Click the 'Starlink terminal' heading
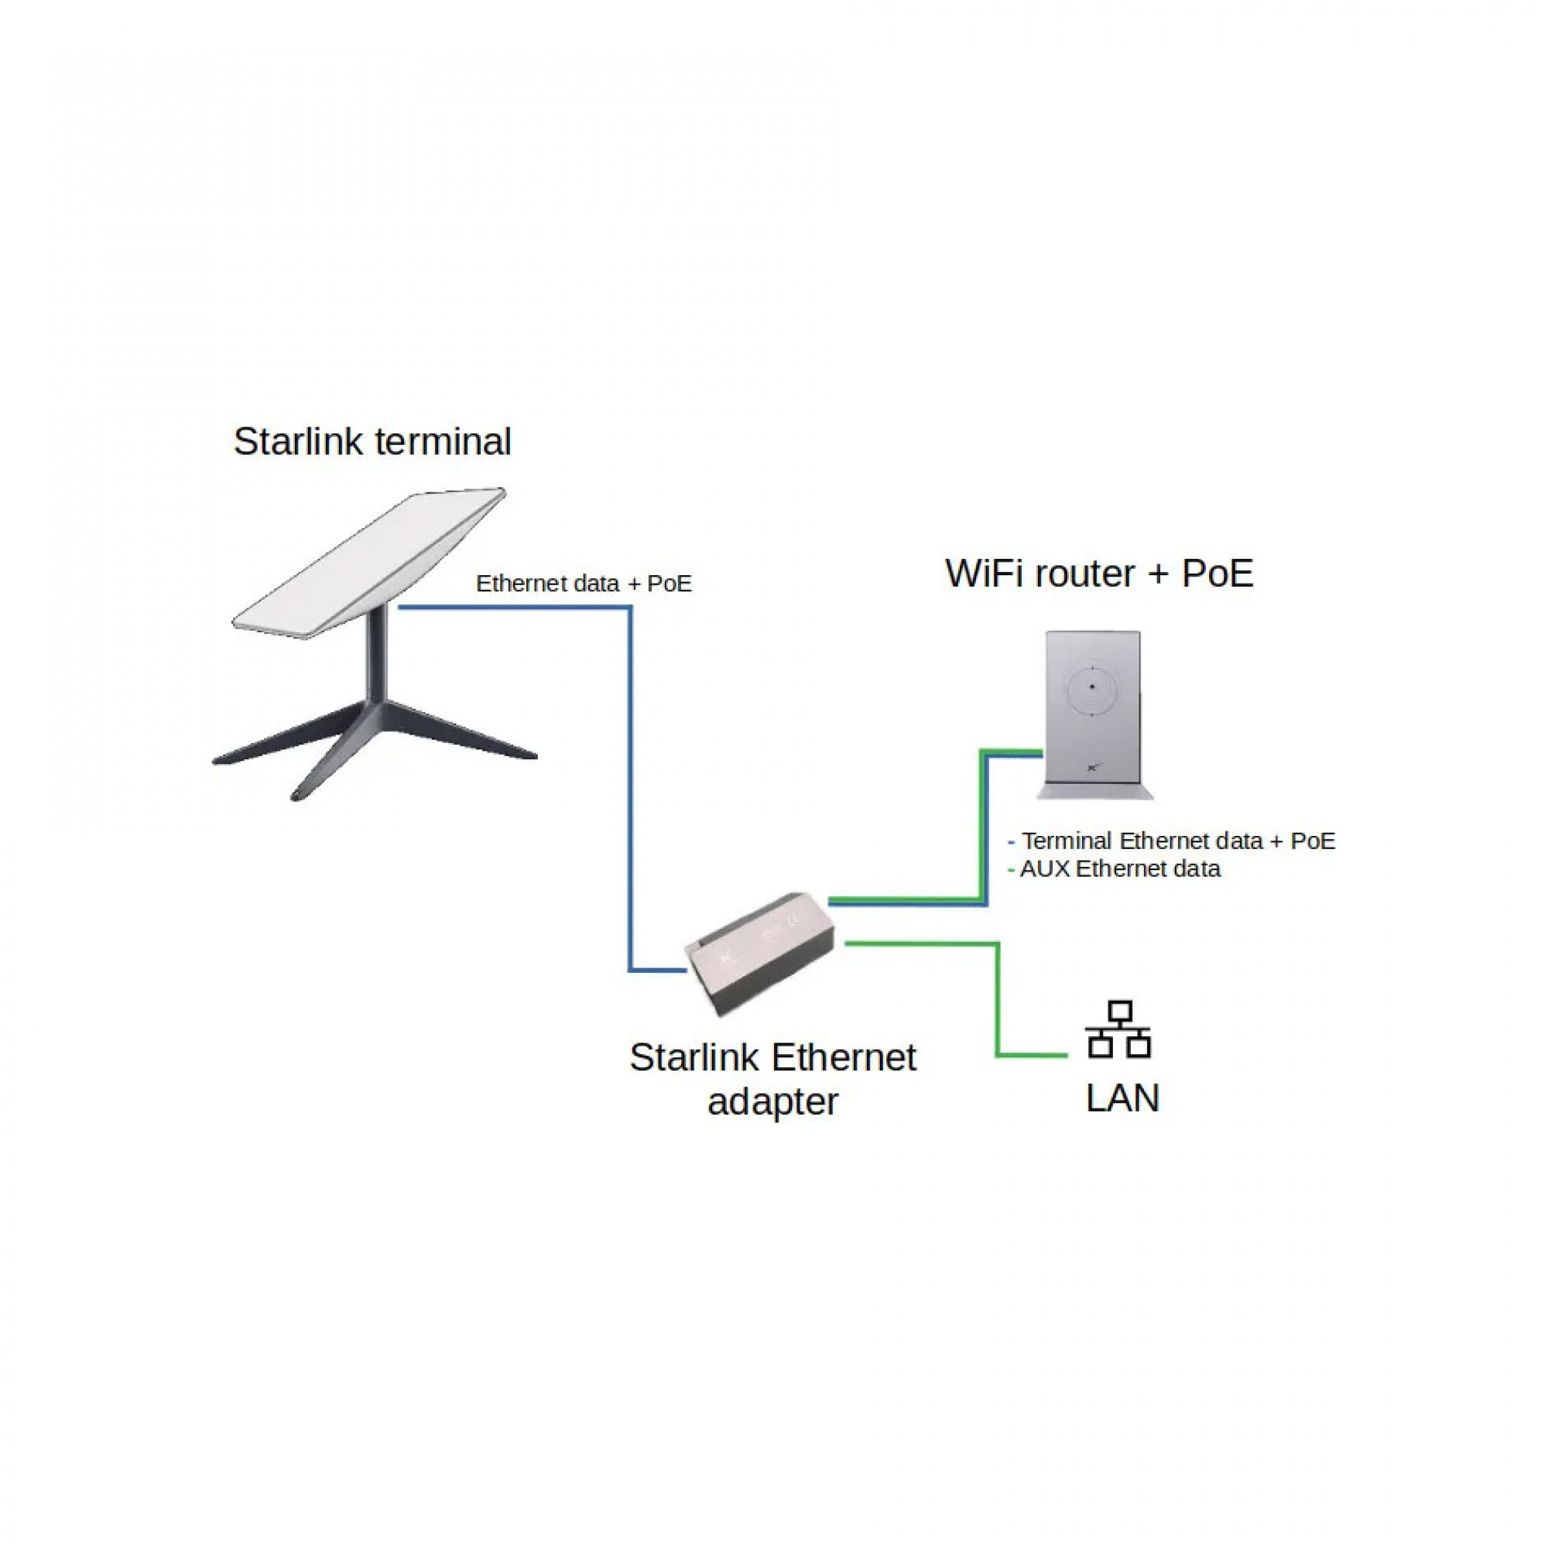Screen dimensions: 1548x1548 pyautogui.click(x=372, y=441)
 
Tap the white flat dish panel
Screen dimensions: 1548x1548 pyautogui.click(x=368, y=561)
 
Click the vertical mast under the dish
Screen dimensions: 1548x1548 pyautogui.click(x=378, y=657)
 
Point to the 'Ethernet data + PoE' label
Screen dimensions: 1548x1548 pyautogui.click(x=584, y=584)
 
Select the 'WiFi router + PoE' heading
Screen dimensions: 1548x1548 pyautogui.click(x=1099, y=573)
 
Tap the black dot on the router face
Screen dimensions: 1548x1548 pyautogui.click(x=1092, y=687)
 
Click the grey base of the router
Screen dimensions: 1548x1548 pyautogui.click(x=1094, y=793)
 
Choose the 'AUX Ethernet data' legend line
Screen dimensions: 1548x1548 pyautogui.click(x=1119, y=868)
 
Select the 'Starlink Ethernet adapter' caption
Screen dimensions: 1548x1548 pyautogui.click(x=772, y=1078)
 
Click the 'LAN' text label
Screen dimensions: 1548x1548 pyautogui.click(x=1122, y=1098)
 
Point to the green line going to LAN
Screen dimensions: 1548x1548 pyautogui.click(x=998, y=1002)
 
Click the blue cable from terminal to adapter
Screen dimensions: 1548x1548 pyautogui.click(x=631, y=785)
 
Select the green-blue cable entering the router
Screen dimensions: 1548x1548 pyautogui.click(x=983, y=825)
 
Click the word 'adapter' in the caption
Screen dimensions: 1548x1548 pyautogui.click(x=772, y=1101)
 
